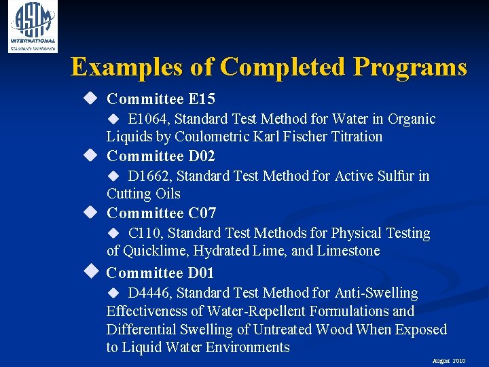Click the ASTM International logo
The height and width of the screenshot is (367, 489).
[x=32, y=27]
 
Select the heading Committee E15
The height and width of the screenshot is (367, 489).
[x=161, y=99]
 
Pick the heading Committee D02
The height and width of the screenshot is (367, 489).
[x=161, y=156]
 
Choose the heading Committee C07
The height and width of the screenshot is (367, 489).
[x=161, y=213]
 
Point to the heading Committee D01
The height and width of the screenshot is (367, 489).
[x=161, y=273]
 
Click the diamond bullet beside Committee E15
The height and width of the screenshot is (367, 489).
[x=90, y=99]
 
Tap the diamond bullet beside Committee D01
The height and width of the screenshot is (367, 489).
[x=90, y=273]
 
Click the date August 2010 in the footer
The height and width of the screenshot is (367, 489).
[x=448, y=361]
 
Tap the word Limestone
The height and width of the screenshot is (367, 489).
[x=348, y=251]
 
